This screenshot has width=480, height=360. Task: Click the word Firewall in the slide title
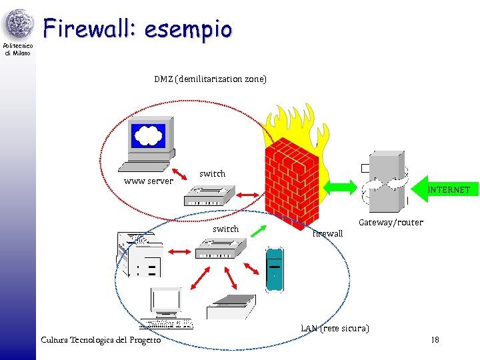(x=89, y=29)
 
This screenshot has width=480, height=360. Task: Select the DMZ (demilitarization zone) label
(x=210, y=79)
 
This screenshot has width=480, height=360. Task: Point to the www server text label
(x=149, y=181)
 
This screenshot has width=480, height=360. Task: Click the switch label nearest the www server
(x=212, y=173)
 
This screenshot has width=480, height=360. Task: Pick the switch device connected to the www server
(x=209, y=195)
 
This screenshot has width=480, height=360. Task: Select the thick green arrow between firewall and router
(x=373, y=186)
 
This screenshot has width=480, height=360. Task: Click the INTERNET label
(x=449, y=190)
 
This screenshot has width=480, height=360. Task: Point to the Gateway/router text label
(x=391, y=222)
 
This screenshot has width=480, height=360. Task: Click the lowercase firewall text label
(x=327, y=233)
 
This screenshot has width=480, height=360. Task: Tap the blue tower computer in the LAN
(x=273, y=269)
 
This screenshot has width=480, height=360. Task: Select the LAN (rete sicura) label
(x=335, y=328)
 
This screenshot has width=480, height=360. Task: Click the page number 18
(x=435, y=340)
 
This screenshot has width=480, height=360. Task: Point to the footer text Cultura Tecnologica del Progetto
(x=101, y=340)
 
